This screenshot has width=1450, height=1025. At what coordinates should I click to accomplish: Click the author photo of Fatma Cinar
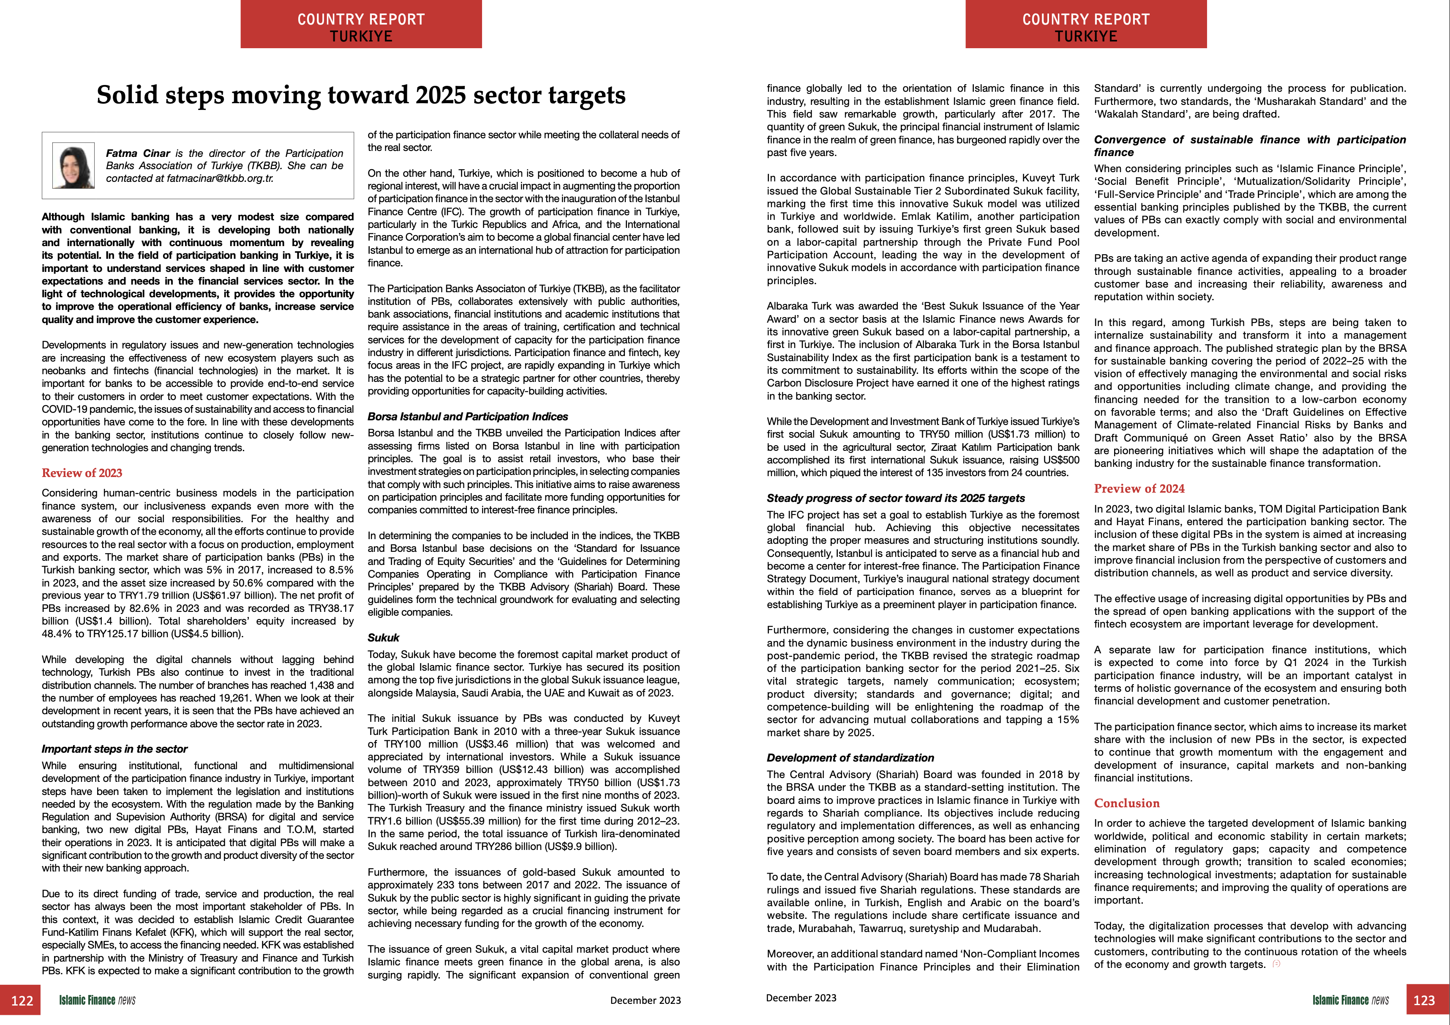coord(73,166)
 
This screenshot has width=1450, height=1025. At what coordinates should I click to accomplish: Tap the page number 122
coord(22,1000)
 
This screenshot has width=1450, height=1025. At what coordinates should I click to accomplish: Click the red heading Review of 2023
coord(82,473)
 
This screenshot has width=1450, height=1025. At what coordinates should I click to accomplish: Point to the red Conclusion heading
coord(1127,803)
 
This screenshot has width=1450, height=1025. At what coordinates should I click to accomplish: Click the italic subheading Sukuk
coord(383,638)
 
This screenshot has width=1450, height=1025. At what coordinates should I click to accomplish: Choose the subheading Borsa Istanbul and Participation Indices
coord(467,417)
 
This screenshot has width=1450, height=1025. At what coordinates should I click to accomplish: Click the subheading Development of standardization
coord(850,758)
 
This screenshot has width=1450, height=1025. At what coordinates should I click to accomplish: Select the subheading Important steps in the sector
coord(114,749)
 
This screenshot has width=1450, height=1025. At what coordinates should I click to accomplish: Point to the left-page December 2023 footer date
coord(645,1000)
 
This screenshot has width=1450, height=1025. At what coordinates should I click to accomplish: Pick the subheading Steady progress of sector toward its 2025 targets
coord(896,498)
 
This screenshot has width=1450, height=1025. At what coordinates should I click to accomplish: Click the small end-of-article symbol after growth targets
coord(1276,964)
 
